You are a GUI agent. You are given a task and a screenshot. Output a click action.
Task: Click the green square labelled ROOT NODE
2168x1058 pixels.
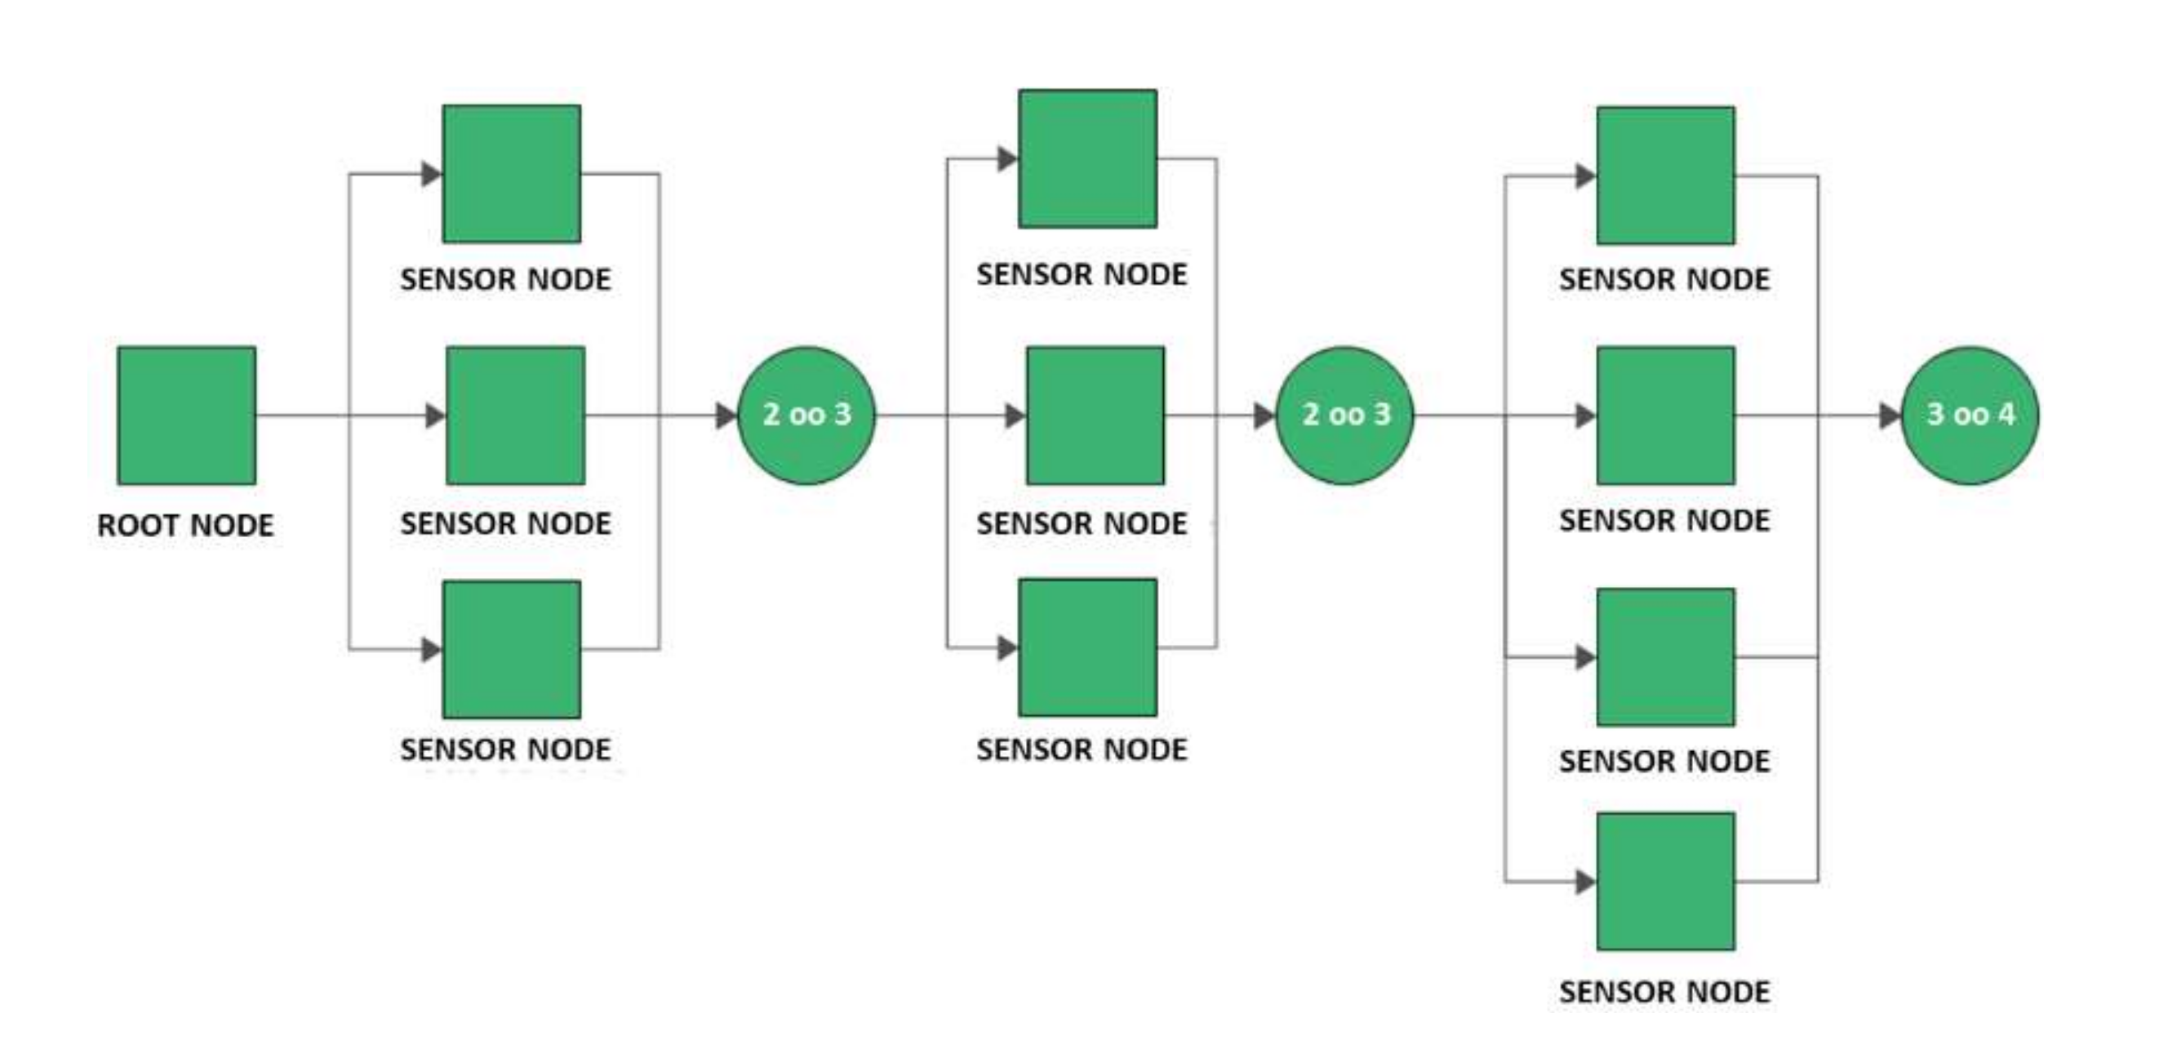(186, 415)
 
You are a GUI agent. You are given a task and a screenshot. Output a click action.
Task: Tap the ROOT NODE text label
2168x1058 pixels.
(185, 525)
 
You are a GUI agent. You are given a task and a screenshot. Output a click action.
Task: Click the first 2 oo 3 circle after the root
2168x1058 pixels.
(806, 415)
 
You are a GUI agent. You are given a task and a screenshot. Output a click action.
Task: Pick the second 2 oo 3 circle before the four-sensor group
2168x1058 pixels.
(1345, 415)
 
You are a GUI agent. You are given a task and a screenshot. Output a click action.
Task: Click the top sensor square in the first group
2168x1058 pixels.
(512, 173)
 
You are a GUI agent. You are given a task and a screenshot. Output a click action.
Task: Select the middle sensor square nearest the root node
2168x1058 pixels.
(515, 415)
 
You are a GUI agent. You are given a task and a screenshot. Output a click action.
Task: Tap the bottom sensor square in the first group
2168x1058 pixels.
(512, 649)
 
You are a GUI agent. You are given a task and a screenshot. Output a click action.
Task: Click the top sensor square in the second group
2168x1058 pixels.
(1087, 158)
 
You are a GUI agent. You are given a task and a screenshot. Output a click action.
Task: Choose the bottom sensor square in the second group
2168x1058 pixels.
(1087, 647)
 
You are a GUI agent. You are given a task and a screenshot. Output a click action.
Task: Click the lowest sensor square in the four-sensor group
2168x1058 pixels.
(1665, 881)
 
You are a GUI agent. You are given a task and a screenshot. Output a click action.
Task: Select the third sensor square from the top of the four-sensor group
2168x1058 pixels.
(1665, 656)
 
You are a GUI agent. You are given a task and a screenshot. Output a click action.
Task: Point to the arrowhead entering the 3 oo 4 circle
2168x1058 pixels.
(1890, 415)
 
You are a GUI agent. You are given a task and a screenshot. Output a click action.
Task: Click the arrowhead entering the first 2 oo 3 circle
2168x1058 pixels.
(726, 415)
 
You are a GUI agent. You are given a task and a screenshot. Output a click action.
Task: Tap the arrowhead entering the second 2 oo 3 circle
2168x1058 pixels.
(1264, 415)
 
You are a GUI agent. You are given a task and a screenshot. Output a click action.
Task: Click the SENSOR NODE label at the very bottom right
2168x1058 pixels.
(1664, 992)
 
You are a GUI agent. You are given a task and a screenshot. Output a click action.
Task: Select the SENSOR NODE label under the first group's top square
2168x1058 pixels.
(505, 279)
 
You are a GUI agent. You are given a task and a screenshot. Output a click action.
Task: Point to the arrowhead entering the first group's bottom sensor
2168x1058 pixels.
(432, 649)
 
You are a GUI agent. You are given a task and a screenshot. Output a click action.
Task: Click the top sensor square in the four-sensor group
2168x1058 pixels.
(1665, 175)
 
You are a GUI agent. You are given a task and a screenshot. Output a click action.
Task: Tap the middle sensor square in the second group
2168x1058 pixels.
(1095, 415)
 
